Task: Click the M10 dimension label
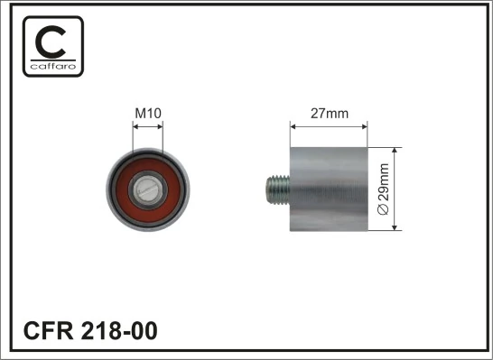147,113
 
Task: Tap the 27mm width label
329,114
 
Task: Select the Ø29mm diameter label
383,188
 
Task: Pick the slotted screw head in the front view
148,189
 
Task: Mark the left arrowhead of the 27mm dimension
292,125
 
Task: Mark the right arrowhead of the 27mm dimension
365,125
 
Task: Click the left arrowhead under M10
135,126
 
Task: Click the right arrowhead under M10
160,126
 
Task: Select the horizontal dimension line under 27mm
328,125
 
